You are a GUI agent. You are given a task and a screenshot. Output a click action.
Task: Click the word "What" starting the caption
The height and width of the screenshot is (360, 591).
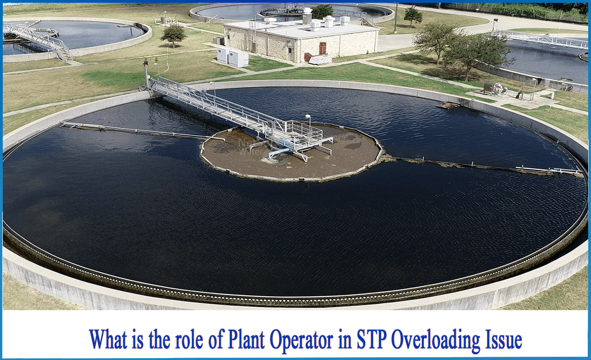[108, 340]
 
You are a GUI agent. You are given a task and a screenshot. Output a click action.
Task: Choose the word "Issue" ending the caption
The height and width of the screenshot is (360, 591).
[505, 340]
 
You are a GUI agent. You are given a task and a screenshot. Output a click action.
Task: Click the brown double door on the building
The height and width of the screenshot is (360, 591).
[322, 48]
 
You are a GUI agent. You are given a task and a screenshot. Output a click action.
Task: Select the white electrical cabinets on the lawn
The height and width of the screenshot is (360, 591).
[233, 57]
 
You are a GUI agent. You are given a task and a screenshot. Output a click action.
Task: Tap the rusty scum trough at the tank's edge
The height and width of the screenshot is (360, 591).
[448, 105]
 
